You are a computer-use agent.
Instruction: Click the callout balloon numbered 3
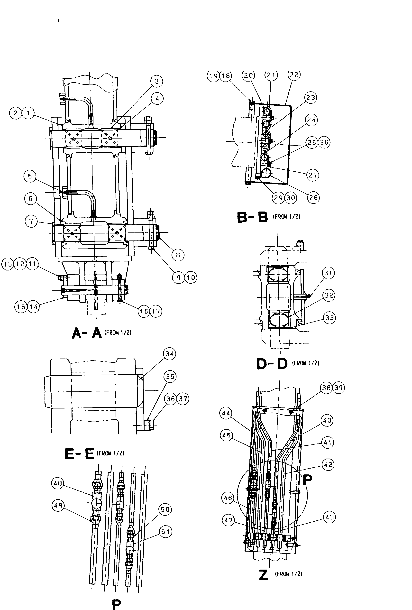pyautogui.click(x=157, y=81)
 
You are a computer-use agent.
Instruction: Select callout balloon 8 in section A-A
pyautogui.click(x=178, y=255)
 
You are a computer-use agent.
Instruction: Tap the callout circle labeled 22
pyautogui.click(x=294, y=75)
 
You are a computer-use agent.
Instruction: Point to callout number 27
pyautogui.click(x=312, y=175)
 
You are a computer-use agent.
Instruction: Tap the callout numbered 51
pyautogui.click(x=165, y=532)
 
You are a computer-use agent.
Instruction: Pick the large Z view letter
pyautogui.click(x=264, y=575)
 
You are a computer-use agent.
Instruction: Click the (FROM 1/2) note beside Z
pyautogui.click(x=288, y=574)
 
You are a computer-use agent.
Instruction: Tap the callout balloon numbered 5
pyautogui.click(x=30, y=176)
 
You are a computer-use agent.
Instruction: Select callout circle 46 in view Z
pyautogui.click(x=228, y=498)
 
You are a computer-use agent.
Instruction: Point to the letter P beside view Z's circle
pyautogui.click(x=307, y=480)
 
